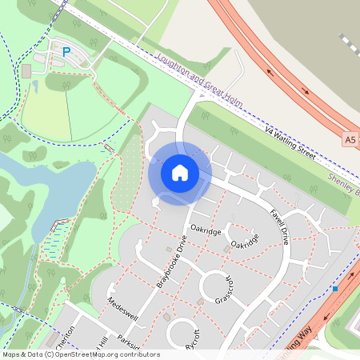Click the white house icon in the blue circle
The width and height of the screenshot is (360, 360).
point(180,173)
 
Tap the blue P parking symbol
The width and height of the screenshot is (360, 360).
point(66,52)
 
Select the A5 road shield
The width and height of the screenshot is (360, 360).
point(350,139)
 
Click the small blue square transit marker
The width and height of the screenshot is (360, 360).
point(336,288)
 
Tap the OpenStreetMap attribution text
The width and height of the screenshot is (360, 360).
point(80,354)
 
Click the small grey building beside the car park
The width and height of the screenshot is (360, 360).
point(26,71)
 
